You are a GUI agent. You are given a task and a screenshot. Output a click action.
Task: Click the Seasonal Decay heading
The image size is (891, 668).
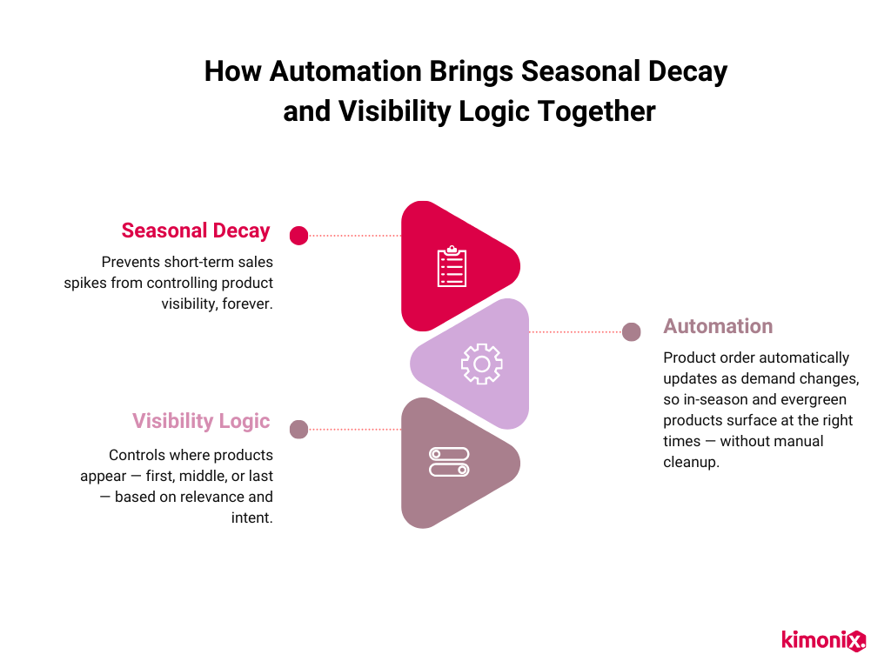[196, 230]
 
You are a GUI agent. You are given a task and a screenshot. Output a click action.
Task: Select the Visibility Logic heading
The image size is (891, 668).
[201, 421]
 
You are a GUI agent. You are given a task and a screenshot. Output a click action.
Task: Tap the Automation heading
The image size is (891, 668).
[718, 326]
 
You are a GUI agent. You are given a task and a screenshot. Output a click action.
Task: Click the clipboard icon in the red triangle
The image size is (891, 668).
[452, 266]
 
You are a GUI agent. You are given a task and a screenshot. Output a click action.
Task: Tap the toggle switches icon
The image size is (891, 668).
[449, 462]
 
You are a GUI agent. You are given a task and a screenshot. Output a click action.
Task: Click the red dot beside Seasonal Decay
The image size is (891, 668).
[298, 235]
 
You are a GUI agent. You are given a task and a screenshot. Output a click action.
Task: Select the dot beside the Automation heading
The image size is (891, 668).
[632, 331]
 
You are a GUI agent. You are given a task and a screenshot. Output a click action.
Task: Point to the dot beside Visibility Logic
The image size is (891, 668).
[298, 429]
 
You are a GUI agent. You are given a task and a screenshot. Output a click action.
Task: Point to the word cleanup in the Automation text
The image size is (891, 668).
[691, 462]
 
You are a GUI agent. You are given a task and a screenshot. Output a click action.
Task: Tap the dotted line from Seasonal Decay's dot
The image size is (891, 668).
[355, 235]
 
